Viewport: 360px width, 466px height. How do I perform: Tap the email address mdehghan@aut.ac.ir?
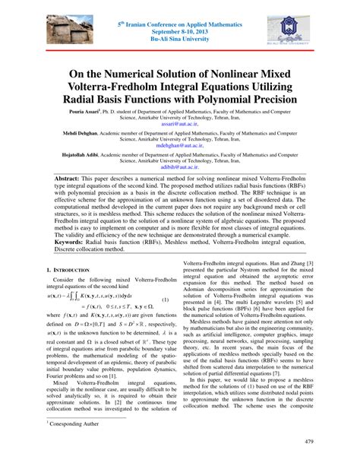tap(179, 169)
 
